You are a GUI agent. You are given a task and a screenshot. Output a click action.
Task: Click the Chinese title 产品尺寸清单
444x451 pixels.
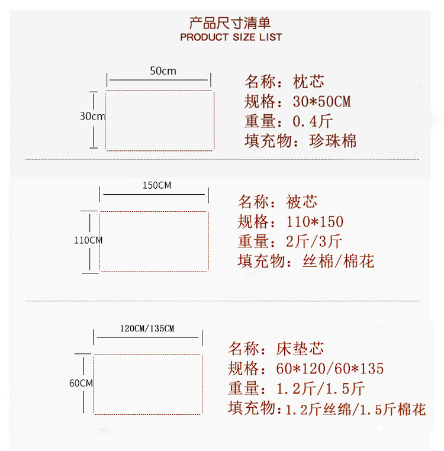[230, 23]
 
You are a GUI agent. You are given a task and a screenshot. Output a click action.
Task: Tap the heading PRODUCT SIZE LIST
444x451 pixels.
[231, 37]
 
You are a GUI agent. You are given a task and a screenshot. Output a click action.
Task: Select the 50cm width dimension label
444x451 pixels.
[163, 71]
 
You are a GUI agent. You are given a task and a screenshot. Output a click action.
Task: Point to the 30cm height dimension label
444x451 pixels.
[92, 116]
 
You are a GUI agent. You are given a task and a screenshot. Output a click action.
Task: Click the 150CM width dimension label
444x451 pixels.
[157, 185]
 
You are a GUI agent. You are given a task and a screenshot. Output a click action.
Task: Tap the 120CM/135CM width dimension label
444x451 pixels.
[147, 328]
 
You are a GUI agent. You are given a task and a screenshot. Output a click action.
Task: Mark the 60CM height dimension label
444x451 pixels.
[81, 383]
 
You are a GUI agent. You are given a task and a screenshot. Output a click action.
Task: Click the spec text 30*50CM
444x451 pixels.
[321, 102]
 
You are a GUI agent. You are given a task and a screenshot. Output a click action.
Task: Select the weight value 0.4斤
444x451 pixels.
[313, 121]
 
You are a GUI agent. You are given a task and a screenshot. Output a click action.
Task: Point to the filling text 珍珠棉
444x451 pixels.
[333, 141]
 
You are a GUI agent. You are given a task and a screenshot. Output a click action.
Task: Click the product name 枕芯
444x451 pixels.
[308, 82]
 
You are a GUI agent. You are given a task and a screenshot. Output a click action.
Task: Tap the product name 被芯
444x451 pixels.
[302, 202]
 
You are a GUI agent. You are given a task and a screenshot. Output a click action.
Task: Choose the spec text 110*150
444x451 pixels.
[314, 222]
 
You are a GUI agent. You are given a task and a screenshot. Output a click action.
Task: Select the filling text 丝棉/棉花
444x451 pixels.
[338, 261]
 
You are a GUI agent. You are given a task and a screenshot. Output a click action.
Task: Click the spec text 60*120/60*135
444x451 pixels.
[330, 369]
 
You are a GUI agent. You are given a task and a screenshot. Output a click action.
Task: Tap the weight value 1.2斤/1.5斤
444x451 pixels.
[321, 389]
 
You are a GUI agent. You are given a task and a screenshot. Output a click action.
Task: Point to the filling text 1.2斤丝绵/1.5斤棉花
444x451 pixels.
[355, 409]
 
